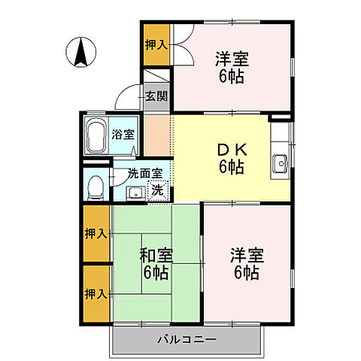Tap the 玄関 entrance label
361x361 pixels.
point(159,96)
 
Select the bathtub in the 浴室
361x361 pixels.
point(96,135)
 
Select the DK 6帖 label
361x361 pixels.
point(232,156)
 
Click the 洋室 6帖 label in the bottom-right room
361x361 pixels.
point(245,262)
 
